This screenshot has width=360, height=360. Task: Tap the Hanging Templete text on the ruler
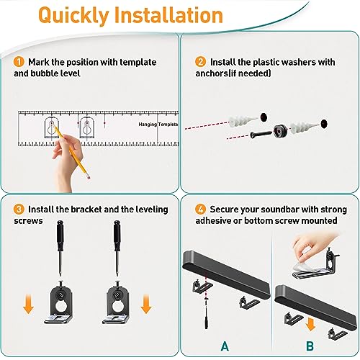(x=158, y=123)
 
